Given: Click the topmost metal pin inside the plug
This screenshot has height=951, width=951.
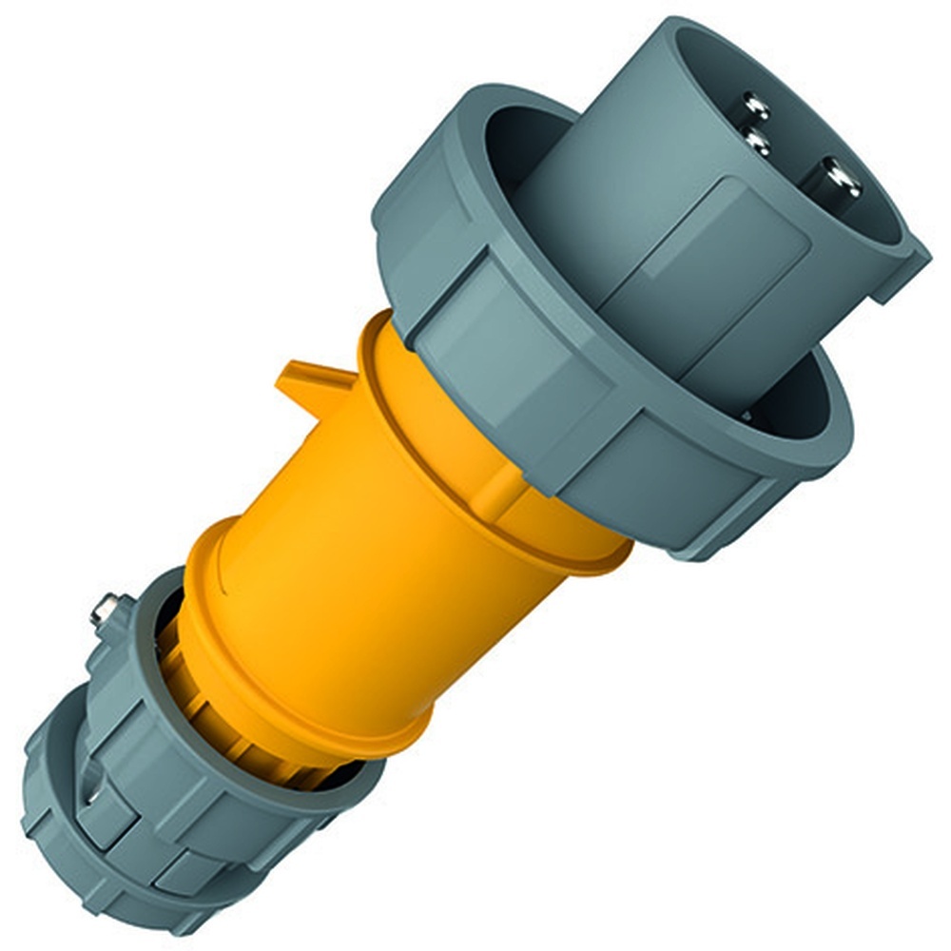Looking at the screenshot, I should (x=756, y=104).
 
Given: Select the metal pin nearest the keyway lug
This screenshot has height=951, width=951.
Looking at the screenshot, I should (x=841, y=178).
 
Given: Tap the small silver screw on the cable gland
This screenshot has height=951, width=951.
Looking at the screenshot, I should (x=105, y=609).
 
